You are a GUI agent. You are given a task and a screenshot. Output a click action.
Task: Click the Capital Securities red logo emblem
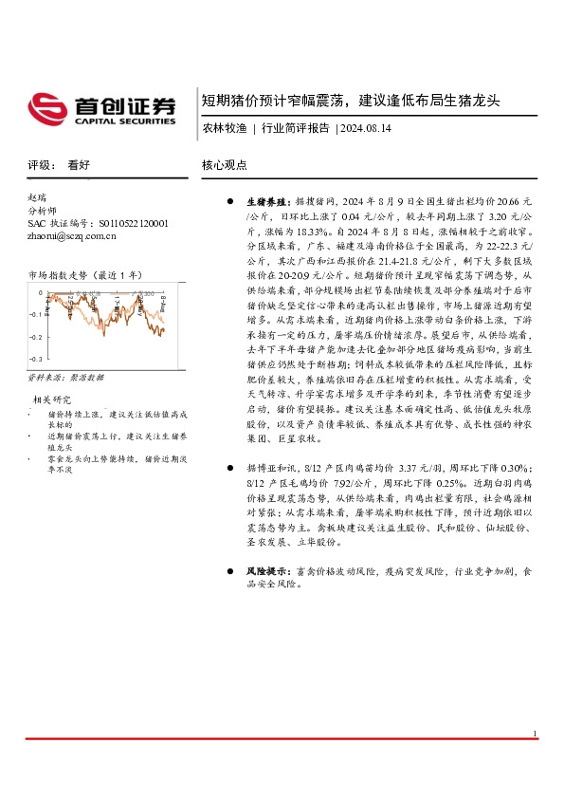[x=46, y=107]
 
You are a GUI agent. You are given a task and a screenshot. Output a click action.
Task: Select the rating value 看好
[x=79, y=164]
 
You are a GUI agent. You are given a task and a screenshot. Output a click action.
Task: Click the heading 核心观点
[x=225, y=164]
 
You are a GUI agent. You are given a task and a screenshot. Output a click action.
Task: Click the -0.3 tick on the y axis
[x=34, y=360]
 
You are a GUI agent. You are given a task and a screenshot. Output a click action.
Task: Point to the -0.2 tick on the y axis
[x=34, y=337]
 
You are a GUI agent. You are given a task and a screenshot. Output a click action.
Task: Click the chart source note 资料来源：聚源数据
[x=65, y=378]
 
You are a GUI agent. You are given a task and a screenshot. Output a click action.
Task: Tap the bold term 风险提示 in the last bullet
[x=265, y=572]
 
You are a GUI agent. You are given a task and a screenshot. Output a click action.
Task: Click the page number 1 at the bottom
[x=535, y=734]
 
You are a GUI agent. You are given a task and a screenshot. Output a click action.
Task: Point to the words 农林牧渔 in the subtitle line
[x=223, y=127]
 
